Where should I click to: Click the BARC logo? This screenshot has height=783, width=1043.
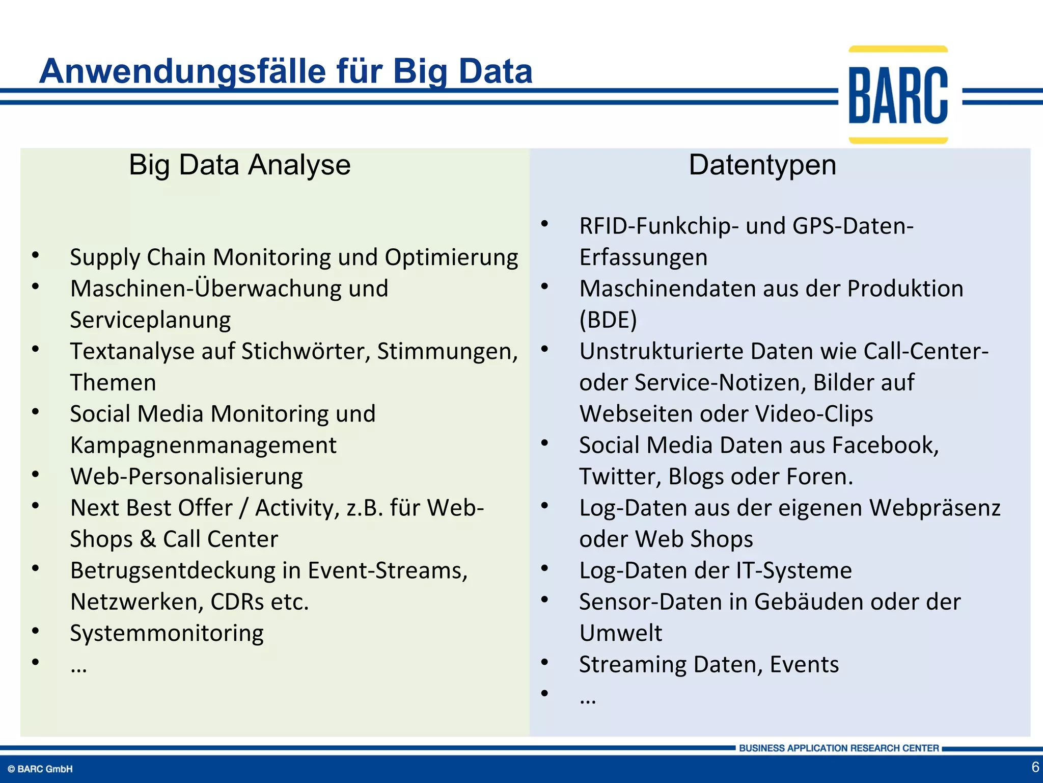[898, 95]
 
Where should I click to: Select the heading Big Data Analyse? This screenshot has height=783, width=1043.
[239, 165]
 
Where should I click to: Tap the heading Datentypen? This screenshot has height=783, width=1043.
[762, 165]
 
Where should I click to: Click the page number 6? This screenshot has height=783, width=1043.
[1035, 767]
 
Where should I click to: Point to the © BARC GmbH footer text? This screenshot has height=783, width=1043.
[40, 769]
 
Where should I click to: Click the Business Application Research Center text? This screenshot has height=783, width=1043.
[838, 748]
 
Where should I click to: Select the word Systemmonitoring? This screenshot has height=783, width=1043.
[167, 633]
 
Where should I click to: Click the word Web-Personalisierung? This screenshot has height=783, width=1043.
[186, 477]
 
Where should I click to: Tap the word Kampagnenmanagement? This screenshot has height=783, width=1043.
[203, 445]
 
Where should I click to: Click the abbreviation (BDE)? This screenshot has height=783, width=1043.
[608, 320]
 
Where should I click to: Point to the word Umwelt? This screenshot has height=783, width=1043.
[620, 633]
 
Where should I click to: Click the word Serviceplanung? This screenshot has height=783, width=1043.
[150, 320]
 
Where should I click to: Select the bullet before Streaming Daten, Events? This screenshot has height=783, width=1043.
[544, 662]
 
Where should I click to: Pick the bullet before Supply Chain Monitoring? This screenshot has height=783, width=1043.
[35, 255]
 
